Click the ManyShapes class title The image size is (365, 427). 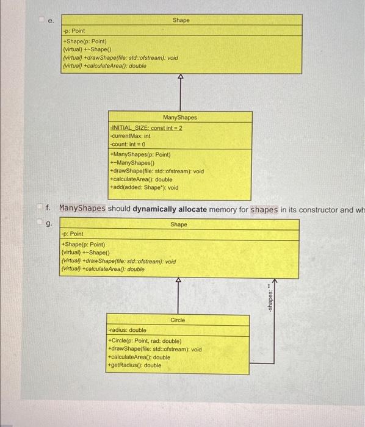click(x=179, y=117)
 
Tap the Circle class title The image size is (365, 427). click(x=178, y=320)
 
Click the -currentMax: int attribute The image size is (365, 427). click(x=130, y=136)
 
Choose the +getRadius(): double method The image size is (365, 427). click(x=134, y=365)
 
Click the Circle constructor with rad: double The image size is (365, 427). click(x=144, y=341)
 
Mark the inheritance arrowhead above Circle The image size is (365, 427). click(x=178, y=280)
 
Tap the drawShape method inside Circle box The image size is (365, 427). click(x=154, y=350)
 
